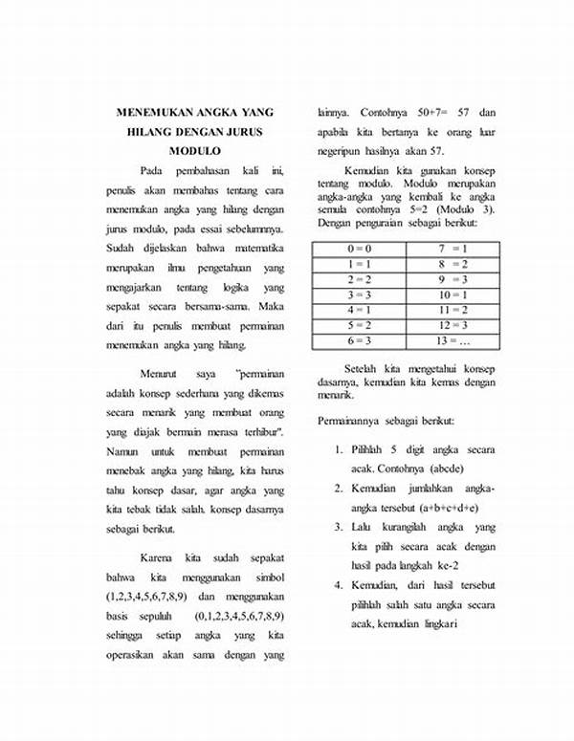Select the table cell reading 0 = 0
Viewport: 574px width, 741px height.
pyautogui.click(x=360, y=248)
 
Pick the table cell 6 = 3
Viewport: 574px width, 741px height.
pyautogui.click(x=360, y=339)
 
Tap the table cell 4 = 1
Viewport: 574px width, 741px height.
pyautogui.click(x=360, y=309)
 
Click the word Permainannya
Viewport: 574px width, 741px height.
pyautogui.click(x=351, y=421)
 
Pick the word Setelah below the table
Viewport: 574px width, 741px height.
pyautogui.click(x=364, y=368)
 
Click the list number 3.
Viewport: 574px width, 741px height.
pyautogui.click(x=339, y=527)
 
